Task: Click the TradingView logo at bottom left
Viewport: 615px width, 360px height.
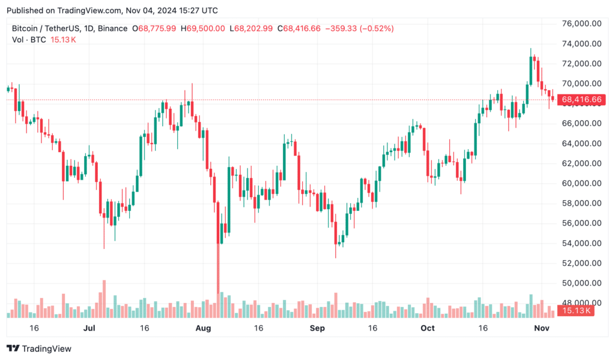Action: (x=39, y=349)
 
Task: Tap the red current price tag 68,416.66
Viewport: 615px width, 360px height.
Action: (x=580, y=99)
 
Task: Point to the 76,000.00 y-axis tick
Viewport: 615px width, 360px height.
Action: (x=581, y=23)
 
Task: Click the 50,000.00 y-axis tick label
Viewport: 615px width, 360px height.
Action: (x=581, y=283)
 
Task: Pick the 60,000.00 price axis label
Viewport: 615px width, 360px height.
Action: (x=581, y=183)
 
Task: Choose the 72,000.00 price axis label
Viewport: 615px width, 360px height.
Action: (x=581, y=64)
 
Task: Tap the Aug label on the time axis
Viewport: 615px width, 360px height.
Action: (x=204, y=328)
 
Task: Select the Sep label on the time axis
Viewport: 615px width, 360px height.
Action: (x=317, y=328)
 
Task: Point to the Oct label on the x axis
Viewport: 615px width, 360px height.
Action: (x=427, y=328)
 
